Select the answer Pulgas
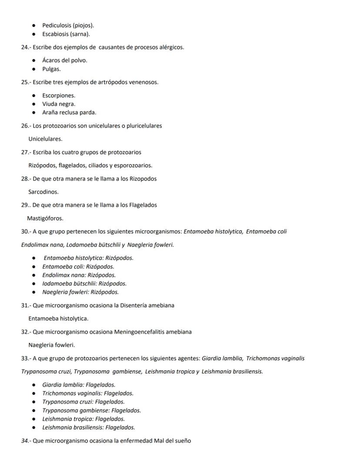coord(51,69)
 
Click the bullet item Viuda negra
coord(59,104)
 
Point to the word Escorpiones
coord(59,95)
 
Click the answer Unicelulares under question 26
coord(45,139)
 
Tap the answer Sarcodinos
coord(43,191)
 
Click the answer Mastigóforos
coord(45,218)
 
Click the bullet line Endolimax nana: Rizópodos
coord(79,275)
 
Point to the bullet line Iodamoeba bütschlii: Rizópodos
coord(84,283)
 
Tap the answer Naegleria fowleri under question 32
coord(52,345)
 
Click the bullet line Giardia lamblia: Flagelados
coord(79,385)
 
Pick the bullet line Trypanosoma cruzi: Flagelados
coord(83,402)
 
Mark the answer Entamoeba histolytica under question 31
coord(58,318)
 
